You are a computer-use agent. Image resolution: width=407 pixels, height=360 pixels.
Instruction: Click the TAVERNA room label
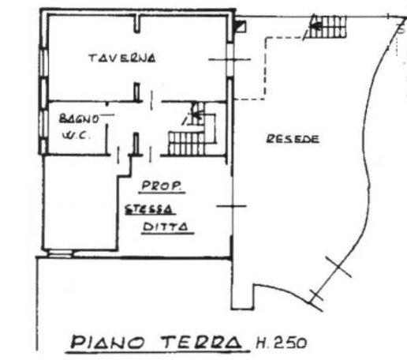[122, 58]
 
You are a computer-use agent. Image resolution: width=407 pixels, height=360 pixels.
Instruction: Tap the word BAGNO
[79, 118]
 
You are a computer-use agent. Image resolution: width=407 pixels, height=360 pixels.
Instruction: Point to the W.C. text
[77, 136]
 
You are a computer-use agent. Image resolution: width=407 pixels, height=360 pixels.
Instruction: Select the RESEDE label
[293, 139]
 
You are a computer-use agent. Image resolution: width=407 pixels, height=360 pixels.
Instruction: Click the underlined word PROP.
[162, 186]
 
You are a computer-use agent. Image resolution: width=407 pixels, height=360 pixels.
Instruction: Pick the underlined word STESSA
[150, 210]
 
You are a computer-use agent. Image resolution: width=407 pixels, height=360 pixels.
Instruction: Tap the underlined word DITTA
[166, 227]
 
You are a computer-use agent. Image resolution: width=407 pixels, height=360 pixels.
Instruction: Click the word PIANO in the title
[108, 343]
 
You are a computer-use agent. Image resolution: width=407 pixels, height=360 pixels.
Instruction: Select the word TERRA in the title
[202, 343]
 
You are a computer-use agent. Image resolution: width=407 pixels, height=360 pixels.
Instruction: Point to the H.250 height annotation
[282, 343]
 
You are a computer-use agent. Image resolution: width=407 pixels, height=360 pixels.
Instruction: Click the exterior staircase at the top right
[327, 26]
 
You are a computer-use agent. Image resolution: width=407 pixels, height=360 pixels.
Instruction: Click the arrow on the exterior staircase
[316, 25]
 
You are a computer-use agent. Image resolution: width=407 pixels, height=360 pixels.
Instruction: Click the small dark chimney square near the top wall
[241, 26]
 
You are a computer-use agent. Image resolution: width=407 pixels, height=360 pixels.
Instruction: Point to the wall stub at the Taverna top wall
[137, 24]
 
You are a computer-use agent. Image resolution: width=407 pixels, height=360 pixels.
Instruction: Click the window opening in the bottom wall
[61, 253]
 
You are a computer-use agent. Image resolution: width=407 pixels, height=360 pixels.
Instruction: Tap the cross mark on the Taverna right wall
[230, 60]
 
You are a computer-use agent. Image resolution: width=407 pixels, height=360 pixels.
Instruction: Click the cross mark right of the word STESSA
[232, 206]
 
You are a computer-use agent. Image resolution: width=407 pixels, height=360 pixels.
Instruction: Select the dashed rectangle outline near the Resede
[265, 69]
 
